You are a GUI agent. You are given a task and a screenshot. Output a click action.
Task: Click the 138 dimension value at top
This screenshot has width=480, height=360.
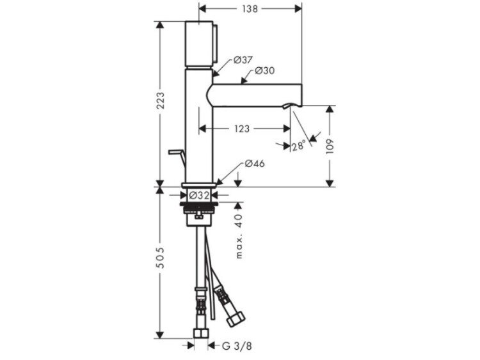[250, 9]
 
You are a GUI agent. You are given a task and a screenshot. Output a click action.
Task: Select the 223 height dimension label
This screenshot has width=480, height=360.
[160, 100]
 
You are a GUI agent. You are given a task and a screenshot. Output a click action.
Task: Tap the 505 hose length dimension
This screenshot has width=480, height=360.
[160, 258]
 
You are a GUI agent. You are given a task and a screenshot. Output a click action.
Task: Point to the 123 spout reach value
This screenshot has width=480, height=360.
[242, 129]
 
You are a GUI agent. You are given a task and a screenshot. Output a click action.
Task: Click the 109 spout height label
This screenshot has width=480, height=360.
[330, 146]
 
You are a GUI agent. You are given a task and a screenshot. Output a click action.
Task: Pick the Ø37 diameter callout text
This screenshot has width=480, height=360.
[243, 60]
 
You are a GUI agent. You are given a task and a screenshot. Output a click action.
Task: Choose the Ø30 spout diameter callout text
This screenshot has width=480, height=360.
[265, 70]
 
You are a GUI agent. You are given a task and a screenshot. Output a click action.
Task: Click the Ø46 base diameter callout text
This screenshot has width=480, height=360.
[255, 164]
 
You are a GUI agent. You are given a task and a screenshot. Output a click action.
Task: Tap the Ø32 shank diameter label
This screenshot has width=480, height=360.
[199, 195]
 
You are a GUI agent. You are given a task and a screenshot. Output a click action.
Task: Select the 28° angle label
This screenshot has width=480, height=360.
[299, 146]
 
